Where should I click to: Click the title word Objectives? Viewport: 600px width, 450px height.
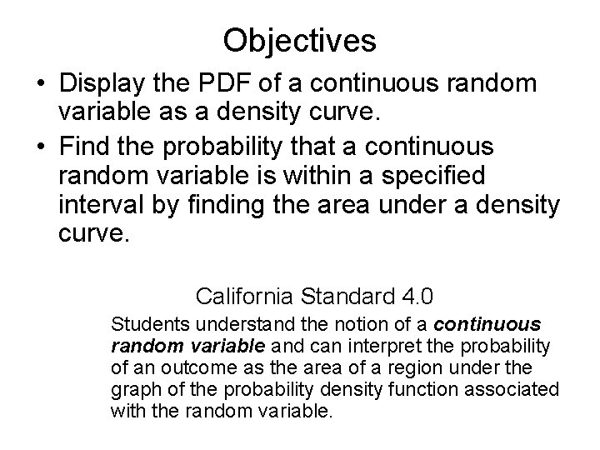coord(300,39)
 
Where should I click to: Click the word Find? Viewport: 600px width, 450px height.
coord(88,147)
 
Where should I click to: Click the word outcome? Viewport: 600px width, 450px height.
coord(203,367)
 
